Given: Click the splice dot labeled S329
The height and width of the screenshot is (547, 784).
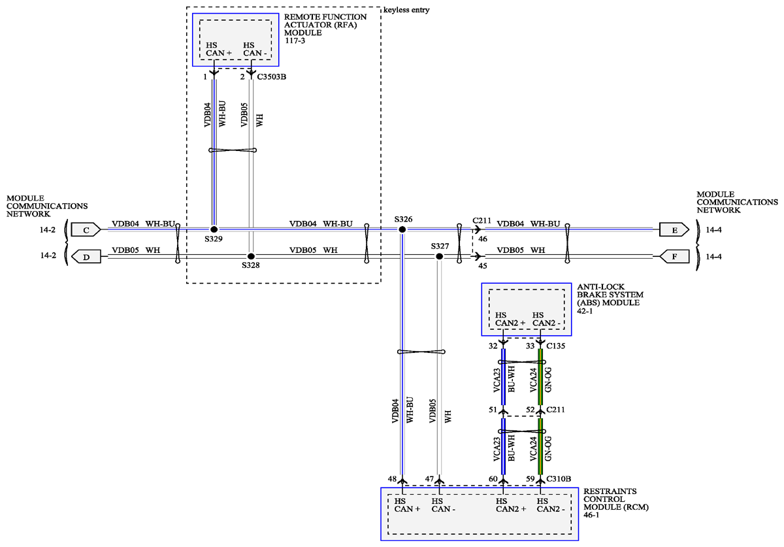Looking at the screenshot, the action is click(x=214, y=229).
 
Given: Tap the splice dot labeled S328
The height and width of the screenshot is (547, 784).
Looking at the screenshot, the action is click(x=251, y=256).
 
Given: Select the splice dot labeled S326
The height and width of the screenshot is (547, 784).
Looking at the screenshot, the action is click(x=402, y=229).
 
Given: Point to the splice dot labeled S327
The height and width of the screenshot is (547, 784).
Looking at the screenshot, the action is click(x=439, y=256).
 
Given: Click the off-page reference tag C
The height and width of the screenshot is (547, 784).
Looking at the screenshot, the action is click(x=86, y=230).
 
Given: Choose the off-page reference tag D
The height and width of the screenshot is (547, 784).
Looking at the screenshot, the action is click(x=86, y=257).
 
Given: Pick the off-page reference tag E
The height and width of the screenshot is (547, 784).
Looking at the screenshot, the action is click(x=674, y=230).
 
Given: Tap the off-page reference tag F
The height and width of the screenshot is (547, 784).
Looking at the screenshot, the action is click(x=674, y=257).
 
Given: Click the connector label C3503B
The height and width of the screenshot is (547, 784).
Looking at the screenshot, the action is click(x=272, y=76).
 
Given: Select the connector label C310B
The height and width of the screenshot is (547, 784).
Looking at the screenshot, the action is click(x=559, y=479).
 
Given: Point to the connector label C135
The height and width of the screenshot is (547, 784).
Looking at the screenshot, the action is click(x=556, y=346).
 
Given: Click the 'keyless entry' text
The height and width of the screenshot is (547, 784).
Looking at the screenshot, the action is click(x=406, y=10).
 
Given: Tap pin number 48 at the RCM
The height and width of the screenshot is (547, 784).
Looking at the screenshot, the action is click(x=392, y=479).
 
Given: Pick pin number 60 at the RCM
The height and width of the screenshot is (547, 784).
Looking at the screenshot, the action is click(x=493, y=479).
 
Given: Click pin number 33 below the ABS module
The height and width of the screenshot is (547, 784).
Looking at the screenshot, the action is click(x=531, y=346).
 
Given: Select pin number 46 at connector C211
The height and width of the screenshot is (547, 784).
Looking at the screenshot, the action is click(x=483, y=239).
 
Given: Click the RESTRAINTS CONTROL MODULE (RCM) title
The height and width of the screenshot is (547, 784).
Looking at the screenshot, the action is click(x=616, y=503).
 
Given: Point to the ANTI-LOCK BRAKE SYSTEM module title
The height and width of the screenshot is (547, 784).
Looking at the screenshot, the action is click(x=610, y=299).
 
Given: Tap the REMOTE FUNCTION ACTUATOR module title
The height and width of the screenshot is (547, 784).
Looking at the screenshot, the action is click(x=325, y=29).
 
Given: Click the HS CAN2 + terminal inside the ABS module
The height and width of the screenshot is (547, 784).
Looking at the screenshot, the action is click(x=510, y=319).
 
